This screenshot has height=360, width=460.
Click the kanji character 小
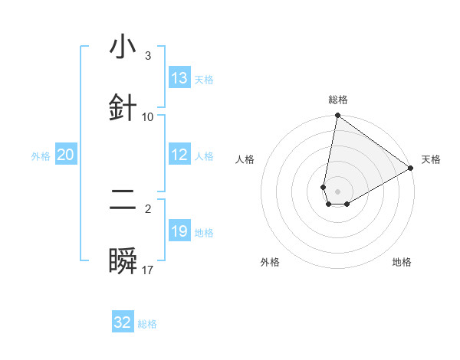[123, 47]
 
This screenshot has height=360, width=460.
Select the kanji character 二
[123, 201]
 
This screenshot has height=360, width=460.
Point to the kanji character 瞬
[123, 261]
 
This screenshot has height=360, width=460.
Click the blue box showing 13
[179, 77]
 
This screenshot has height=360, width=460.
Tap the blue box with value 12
[179, 155]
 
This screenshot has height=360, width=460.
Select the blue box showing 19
[179, 231]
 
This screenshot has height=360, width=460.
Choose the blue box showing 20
[66, 155]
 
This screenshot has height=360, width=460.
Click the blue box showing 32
[123, 322]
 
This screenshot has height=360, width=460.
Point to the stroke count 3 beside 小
[147, 56]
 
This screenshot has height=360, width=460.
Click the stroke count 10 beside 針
[148, 116]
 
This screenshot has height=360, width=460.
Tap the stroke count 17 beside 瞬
[148, 270]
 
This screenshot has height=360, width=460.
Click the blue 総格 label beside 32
[147, 324]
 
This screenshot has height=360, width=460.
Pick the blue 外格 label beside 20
[41, 156]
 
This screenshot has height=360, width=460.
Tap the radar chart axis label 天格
[431, 159]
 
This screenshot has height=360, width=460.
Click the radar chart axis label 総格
[337, 100]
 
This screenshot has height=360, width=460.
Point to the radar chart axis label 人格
[245, 159]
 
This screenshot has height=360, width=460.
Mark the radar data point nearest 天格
[411, 169]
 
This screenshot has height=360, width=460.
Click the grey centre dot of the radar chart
[337, 191]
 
